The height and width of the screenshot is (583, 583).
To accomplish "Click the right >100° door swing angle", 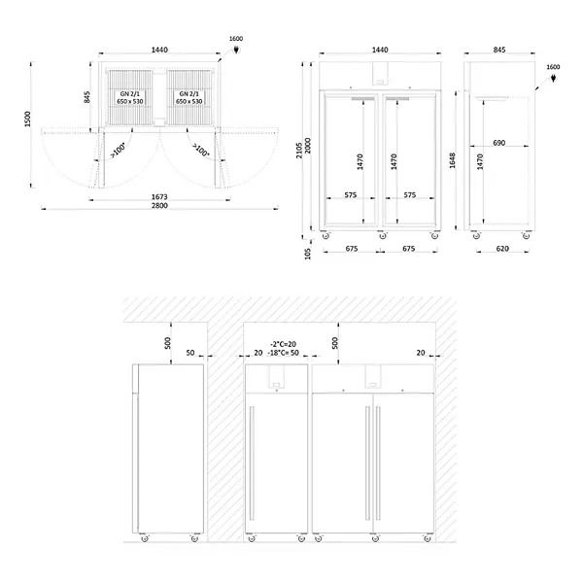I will [x=201, y=151].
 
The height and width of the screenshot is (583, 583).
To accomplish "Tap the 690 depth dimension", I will [x=498, y=143].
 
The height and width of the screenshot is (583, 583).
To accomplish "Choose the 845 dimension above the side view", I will [x=498, y=49].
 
